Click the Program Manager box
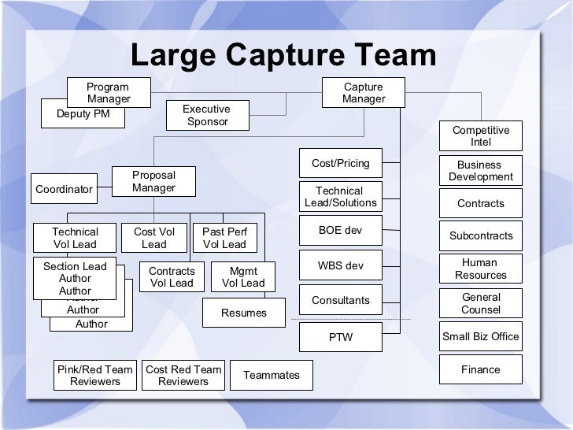tap(109, 92)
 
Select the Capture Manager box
tap(364, 92)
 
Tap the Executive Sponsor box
tap(207, 115)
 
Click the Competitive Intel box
tap(480, 135)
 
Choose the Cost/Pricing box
tap(340, 163)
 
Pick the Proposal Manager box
tap(153, 182)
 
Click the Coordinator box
tap(65, 190)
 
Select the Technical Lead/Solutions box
tap(340, 197)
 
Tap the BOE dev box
tap(340, 231)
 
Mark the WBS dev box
tap(340, 265)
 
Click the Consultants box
tap(340, 300)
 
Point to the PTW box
tap(340, 338)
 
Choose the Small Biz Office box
tap(481, 336)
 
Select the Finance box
tap(481, 369)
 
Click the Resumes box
tap(243, 313)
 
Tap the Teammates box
tap(272, 375)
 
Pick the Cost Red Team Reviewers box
tap(183, 375)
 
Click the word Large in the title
tap(174, 55)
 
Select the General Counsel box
tap(481, 303)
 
